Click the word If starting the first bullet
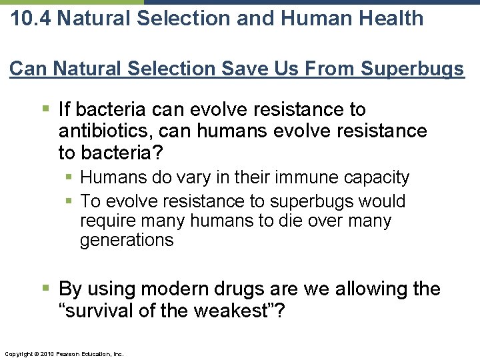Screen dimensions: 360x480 point(65,109)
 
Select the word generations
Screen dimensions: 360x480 point(127,240)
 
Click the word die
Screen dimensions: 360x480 point(298,221)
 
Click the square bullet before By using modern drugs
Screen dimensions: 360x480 point(46,289)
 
